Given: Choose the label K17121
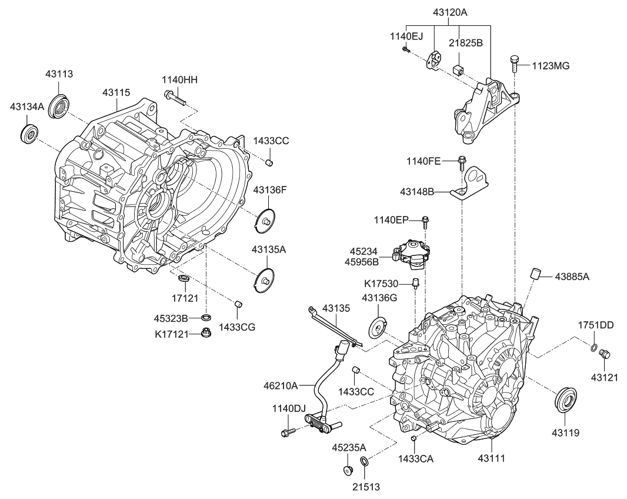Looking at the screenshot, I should pyautogui.click(x=172, y=334).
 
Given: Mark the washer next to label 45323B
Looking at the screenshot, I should pyautogui.click(x=206, y=318).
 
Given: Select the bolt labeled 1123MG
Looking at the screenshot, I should pyautogui.click(x=514, y=62).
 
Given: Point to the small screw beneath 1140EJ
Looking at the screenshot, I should pyautogui.click(x=406, y=51).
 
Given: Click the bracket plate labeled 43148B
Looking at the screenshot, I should pyautogui.click(x=471, y=184).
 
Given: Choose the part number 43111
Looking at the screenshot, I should pyautogui.click(x=492, y=457).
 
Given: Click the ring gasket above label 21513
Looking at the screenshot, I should pyautogui.click(x=364, y=461).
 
